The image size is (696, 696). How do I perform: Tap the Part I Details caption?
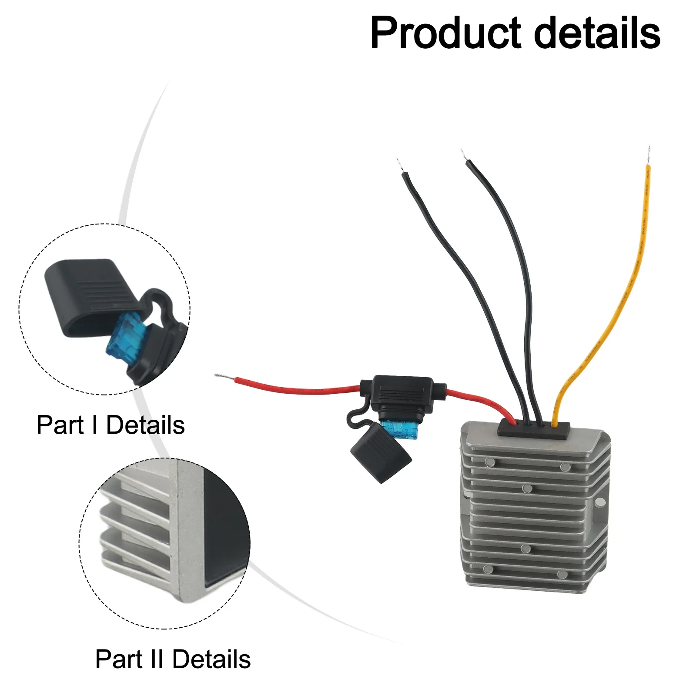(x=110, y=425)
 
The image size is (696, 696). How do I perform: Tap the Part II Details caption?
(x=173, y=659)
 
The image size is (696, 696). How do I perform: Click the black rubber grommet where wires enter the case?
(x=534, y=429)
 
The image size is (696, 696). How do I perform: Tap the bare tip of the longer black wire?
(x=464, y=155)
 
